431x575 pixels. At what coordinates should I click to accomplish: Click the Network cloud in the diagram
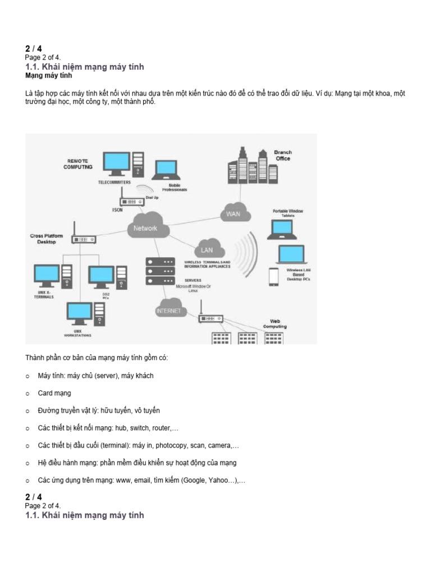(145, 228)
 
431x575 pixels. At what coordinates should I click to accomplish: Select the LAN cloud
(207, 250)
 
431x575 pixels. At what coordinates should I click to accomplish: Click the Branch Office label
(283, 155)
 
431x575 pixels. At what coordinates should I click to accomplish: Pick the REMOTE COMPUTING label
(77, 164)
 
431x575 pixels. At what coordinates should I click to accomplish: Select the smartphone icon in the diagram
(273, 276)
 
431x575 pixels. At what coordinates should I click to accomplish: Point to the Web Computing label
(274, 323)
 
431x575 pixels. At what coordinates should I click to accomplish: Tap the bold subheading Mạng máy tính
(49, 75)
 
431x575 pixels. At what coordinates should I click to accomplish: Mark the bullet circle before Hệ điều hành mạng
(27, 463)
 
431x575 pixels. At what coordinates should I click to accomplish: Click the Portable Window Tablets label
(287, 213)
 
